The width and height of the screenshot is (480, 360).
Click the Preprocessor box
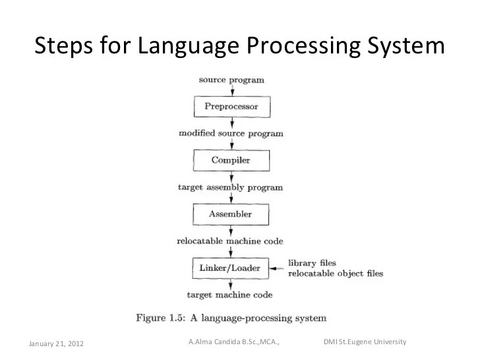(x=231, y=105)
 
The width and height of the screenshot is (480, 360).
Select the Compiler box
(x=231, y=160)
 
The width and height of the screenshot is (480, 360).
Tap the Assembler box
(x=231, y=214)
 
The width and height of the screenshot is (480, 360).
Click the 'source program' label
(x=231, y=80)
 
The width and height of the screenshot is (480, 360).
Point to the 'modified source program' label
(x=231, y=133)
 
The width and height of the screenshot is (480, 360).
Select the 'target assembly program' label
(x=231, y=187)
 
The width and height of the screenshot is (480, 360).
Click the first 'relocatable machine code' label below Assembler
(x=230, y=241)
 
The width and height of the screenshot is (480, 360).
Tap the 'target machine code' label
(x=230, y=294)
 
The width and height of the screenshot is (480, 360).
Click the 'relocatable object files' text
(x=336, y=272)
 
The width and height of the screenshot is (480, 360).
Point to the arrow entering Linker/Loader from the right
(x=278, y=268)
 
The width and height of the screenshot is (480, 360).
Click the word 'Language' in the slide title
(x=181, y=47)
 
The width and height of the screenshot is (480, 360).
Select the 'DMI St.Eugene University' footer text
(x=365, y=342)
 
